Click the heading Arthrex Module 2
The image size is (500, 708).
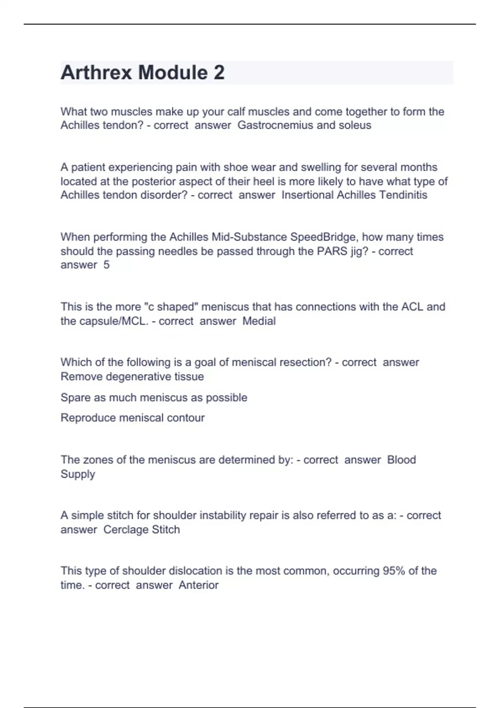tap(142, 73)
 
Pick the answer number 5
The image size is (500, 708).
tap(107, 265)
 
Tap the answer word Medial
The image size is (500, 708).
tap(259, 321)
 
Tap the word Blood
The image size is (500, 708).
tap(401, 460)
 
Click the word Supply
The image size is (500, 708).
tap(78, 474)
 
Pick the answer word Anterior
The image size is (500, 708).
tap(198, 585)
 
